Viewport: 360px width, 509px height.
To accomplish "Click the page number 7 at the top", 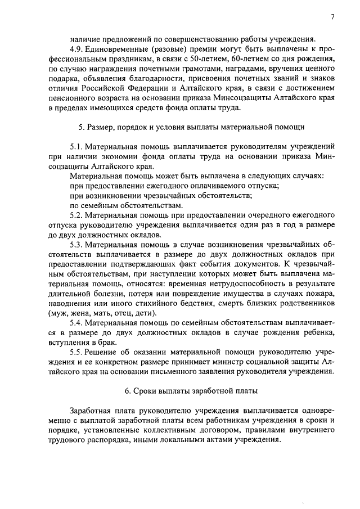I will [x=332, y=17].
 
